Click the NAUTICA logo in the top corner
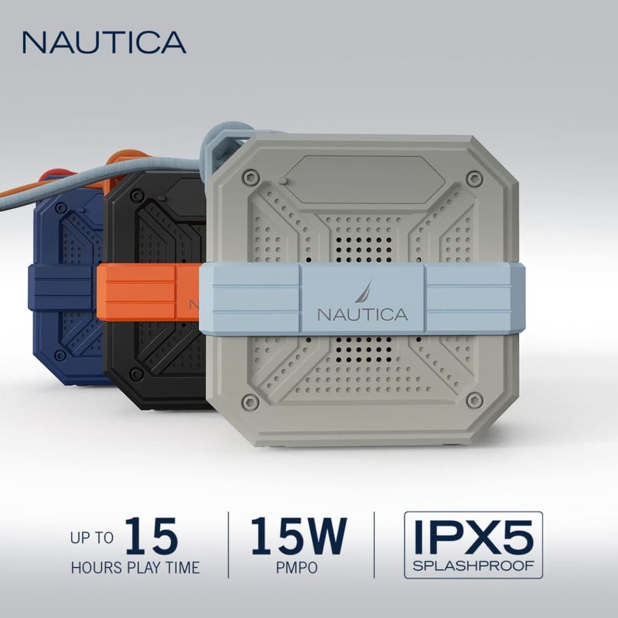(104, 42)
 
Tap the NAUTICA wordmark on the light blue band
(363, 314)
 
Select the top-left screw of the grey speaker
(249, 177)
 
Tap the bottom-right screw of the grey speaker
(475, 400)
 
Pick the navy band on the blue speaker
(62, 288)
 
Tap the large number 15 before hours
(151, 536)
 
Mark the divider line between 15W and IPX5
(375, 544)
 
